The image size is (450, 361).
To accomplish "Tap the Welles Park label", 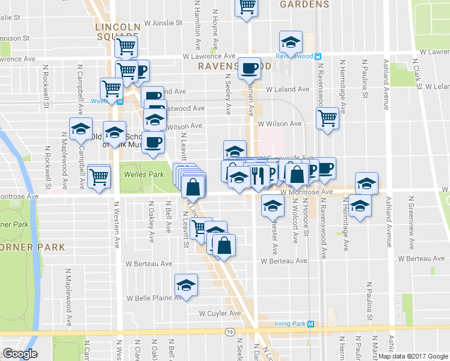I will pyautogui.click(x=140, y=174).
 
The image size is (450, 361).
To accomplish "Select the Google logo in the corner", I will pyautogui.click(x=20, y=353).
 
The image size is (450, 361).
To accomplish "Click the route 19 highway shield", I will pyautogui.click(x=229, y=332).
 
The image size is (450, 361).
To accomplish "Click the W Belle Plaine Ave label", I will pyautogui.click(x=153, y=298).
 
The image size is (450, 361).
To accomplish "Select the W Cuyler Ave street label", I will pyautogui.click(x=220, y=313).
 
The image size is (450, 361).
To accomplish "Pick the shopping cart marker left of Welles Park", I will pyautogui.click(x=99, y=176).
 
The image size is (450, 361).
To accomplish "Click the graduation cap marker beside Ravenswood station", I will pyautogui.click(x=291, y=43).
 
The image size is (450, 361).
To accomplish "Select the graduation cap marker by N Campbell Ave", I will pyautogui.click(x=81, y=129).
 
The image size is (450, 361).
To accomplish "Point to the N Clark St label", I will pyautogui.click(x=416, y=72).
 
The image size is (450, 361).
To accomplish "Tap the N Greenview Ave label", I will pyautogui.click(x=412, y=222).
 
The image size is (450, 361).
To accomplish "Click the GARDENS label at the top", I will pyautogui.click(x=304, y=4).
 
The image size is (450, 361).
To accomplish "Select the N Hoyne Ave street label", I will pyautogui.click(x=214, y=24).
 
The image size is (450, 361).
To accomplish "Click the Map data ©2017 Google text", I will pyautogui.click(x=413, y=356).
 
